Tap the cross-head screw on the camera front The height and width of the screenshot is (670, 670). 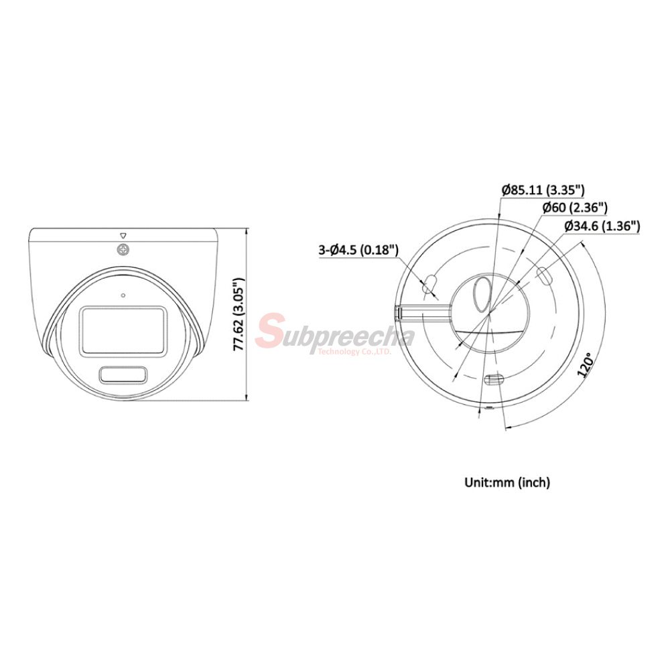123,250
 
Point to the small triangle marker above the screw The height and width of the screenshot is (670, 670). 123,235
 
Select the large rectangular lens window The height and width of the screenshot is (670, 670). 123,330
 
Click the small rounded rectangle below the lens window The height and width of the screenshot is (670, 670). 123,375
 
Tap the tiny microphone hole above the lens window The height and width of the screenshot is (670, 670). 123,294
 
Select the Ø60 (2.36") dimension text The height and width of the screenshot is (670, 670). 574,208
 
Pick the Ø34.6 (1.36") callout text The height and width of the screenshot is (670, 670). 602,226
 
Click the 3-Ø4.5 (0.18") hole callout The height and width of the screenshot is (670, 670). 358,251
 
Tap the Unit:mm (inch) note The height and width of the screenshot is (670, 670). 507,482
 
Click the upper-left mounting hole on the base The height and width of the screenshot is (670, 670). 430,284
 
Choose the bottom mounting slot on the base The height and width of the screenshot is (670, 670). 493,380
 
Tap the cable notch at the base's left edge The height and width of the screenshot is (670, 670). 399,312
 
